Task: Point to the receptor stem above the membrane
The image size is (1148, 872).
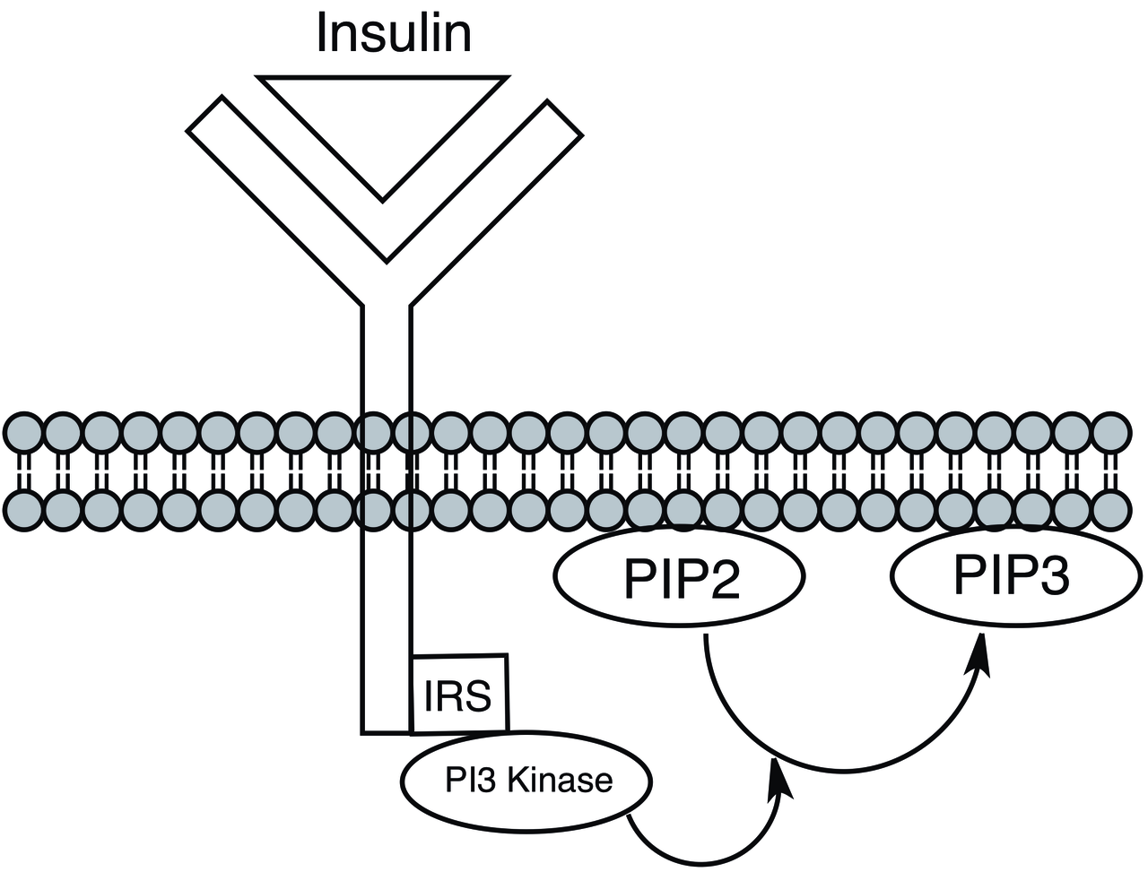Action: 387,358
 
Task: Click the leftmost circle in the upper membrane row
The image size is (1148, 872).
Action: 23,433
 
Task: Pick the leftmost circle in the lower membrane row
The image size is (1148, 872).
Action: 23,510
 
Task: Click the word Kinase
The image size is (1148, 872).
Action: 559,781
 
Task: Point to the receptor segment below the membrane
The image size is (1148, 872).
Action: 387,627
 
